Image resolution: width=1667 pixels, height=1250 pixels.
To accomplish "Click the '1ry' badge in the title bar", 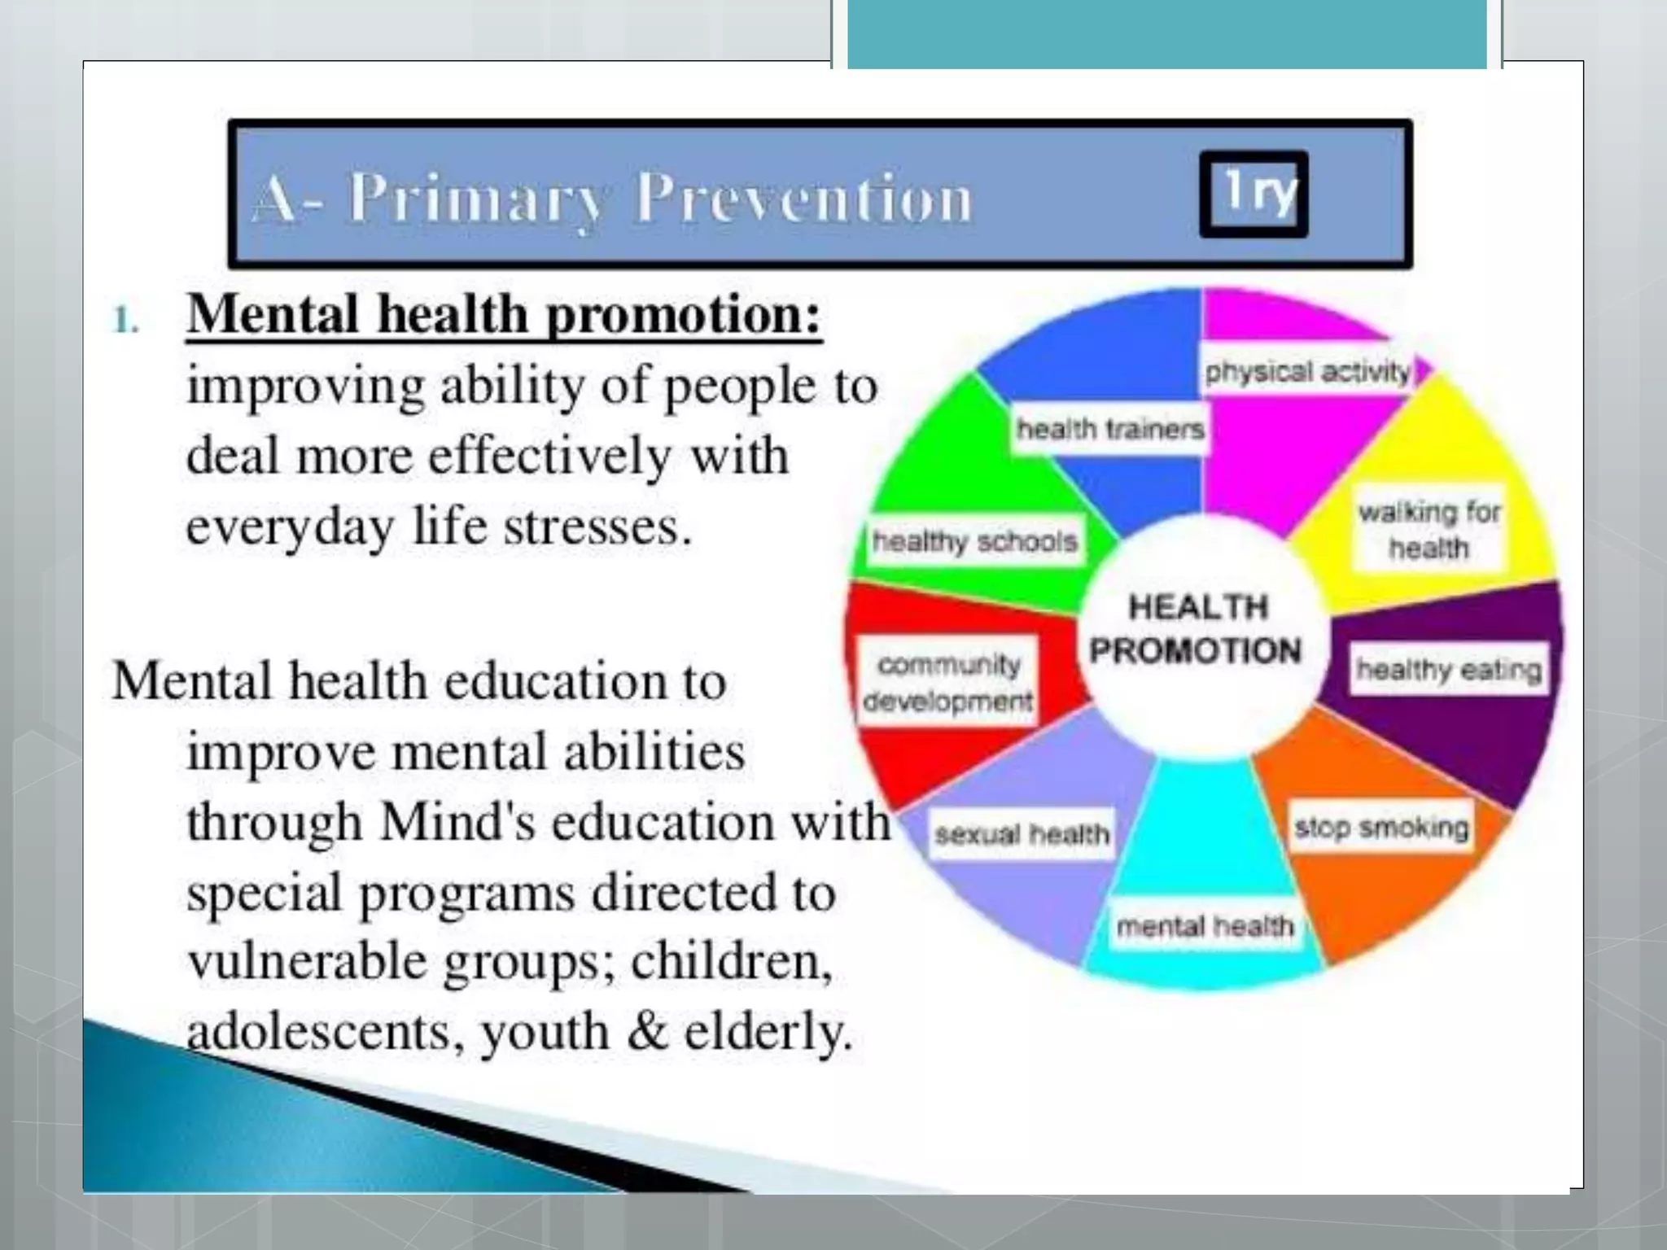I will click(x=1254, y=194).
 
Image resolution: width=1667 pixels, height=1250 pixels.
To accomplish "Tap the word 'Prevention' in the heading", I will click(x=804, y=198).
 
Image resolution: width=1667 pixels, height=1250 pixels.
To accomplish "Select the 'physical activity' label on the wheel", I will click(x=1307, y=372).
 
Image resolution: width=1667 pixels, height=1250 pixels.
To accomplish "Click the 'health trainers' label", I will click(x=1109, y=428).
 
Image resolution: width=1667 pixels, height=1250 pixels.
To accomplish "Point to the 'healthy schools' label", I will click(x=974, y=540).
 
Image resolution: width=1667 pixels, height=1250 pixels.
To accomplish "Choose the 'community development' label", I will click(x=948, y=682).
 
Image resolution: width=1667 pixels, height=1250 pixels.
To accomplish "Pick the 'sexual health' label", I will click(x=1022, y=833).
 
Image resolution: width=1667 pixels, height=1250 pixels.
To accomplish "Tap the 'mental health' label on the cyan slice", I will click(x=1205, y=925).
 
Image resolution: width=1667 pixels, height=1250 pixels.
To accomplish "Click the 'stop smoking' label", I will click(x=1381, y=827).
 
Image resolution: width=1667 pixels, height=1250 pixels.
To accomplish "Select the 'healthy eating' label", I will click(x=1448, y=670).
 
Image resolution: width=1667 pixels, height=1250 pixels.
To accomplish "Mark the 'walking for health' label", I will click(x=1429, y=530).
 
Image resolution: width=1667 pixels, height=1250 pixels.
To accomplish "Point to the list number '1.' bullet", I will click(x=125, y=320).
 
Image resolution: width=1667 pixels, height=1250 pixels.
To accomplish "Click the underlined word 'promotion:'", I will click(x=683, y=314).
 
